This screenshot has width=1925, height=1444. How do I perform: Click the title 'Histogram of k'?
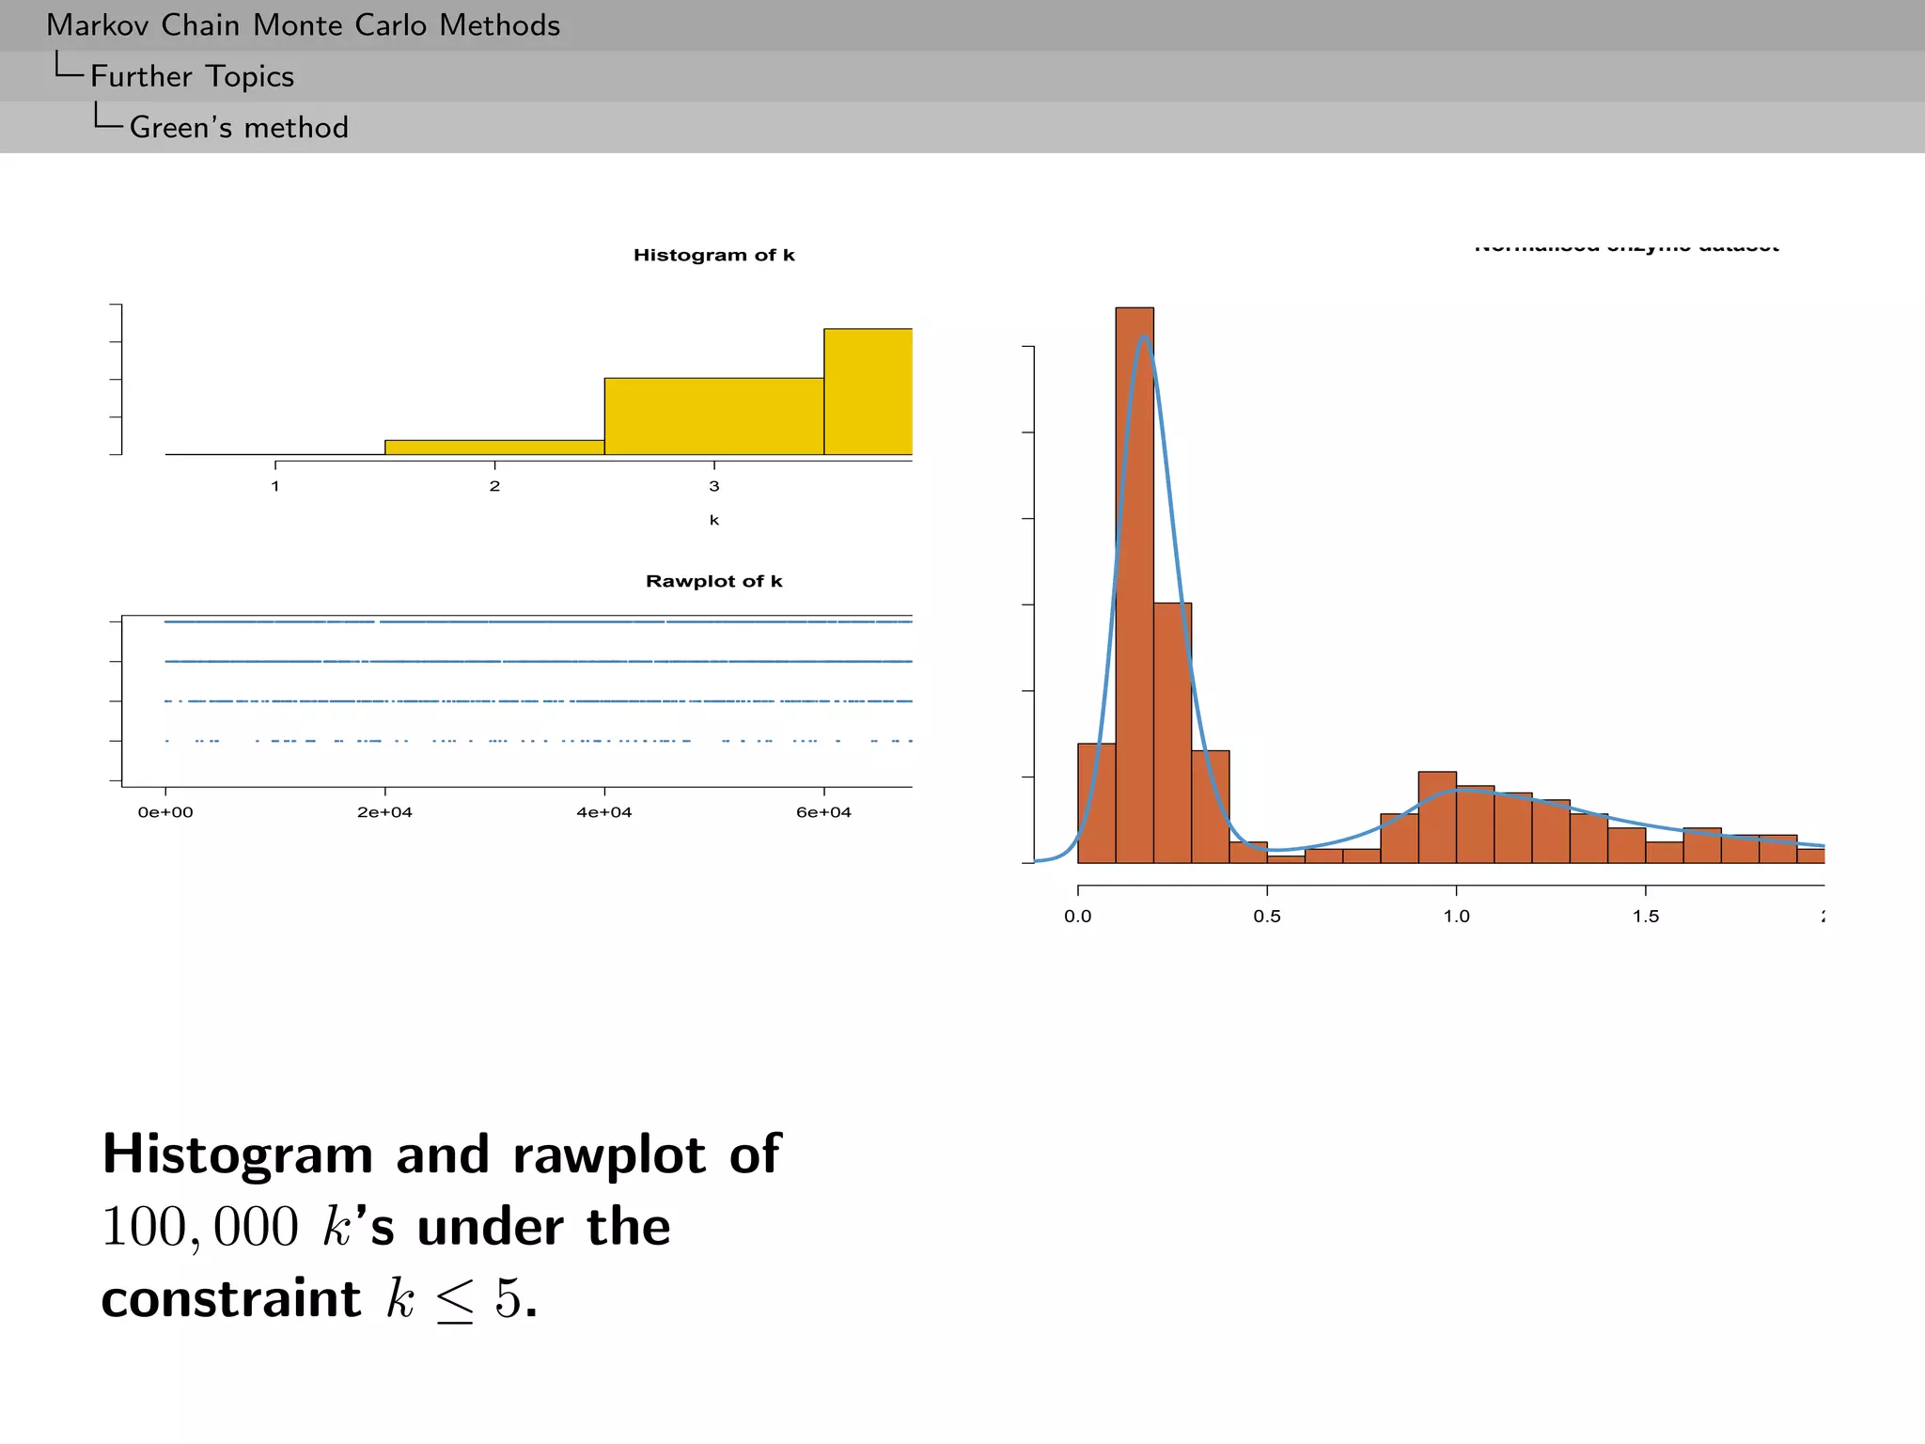[713, 255]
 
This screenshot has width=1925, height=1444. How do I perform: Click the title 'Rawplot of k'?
[713, 581]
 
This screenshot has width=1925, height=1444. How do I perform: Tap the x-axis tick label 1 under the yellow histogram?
[275, 486]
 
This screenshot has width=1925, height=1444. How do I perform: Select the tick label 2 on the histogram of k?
[494, 486]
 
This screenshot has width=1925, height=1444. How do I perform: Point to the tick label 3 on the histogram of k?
[714, 486]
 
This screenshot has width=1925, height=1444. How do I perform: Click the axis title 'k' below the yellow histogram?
[714, 520]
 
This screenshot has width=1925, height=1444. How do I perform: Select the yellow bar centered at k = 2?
[494, 447]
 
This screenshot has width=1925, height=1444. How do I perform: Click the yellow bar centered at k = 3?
[713, 416]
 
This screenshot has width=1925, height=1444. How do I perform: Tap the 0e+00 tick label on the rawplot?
[165, 812]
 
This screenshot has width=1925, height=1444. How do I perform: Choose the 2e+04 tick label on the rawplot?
[384, 812]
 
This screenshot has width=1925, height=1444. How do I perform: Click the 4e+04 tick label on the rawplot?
[604, 812]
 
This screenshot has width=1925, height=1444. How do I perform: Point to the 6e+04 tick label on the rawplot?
[823, 812]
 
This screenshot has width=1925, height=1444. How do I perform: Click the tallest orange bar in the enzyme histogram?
[1135, 583]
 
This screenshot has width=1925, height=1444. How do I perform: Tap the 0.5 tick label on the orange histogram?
[1267, 917]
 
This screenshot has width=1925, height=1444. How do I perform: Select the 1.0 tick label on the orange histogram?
[1457, 917]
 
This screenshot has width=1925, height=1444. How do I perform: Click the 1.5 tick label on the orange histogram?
[1646, 917]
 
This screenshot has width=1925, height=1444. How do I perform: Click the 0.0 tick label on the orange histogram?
[1078, 917]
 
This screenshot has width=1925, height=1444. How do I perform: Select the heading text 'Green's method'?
[239, 127]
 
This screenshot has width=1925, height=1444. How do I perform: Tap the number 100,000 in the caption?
[199, 1227]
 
